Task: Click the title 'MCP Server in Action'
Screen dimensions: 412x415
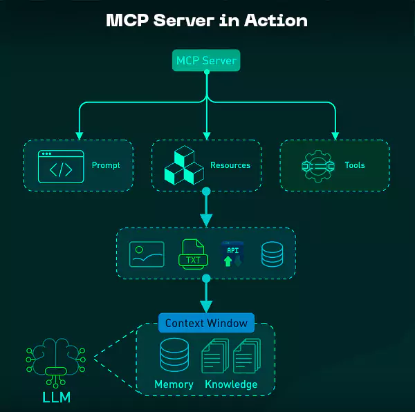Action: tap(207, 20)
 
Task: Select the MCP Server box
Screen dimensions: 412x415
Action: tap(206, 61)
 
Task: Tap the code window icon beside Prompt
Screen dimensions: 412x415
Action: tap(61, 166)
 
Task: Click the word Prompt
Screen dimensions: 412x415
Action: tap(106, 166)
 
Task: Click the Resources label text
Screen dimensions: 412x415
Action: tap(230, 166)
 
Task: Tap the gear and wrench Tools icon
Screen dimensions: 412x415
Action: tap(318, 166)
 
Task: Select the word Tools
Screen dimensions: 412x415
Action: tap(355, 166)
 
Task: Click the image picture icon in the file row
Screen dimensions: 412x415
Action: tap(147, 254)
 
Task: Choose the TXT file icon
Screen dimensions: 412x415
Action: tap(193, 254)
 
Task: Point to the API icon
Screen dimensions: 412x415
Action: tap(232, 254)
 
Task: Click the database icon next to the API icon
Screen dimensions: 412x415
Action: tap(271, 254)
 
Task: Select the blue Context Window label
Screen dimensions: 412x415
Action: tap(206, 323)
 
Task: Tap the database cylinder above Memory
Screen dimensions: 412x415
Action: tap(174, 355)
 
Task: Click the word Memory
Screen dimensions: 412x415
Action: tap(174, 384)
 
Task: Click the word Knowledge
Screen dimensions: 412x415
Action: tap(231, 384)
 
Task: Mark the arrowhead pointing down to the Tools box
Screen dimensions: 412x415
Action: tap(335, 134)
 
